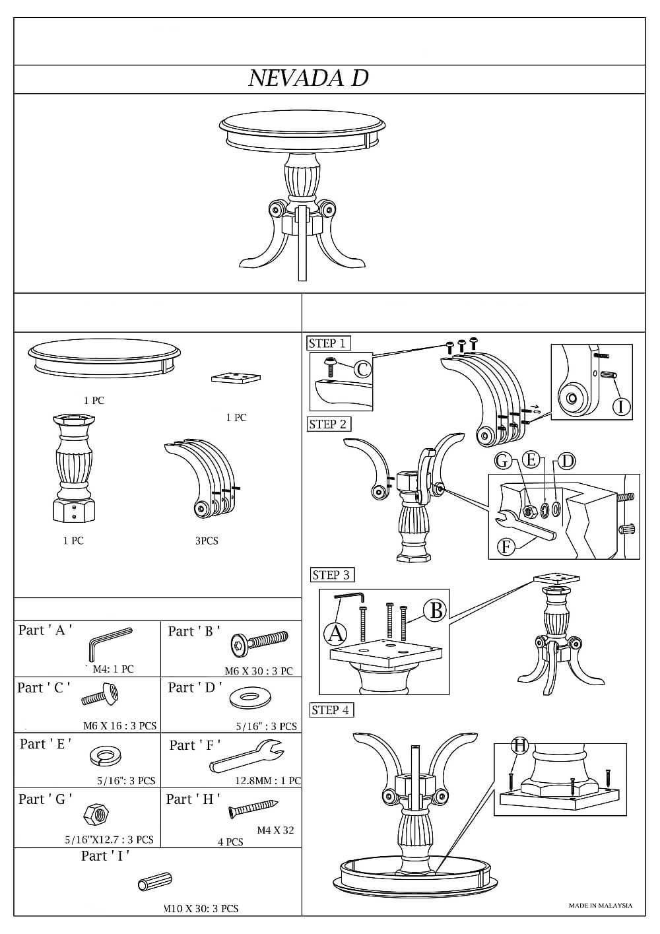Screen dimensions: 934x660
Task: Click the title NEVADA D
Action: (308, 79)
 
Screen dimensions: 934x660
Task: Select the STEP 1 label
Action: (327, 343)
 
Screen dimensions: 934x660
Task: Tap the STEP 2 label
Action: (328, 424)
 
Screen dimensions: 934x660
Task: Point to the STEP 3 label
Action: (331, 575)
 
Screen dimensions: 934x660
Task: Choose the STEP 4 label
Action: (331, 710)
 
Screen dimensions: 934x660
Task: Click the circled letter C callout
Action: (362, 369)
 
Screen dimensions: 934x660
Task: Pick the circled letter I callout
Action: (620, 407)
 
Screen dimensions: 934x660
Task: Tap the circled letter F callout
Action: (506, 547)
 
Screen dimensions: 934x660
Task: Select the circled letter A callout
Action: (335, 634)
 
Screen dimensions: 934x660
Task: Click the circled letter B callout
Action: (436, 610)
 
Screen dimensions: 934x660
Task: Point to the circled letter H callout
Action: (520, 746)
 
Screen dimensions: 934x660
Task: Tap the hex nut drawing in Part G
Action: (92, 815)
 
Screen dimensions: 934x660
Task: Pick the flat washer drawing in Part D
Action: (246, 698)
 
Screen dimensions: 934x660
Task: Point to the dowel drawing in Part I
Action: (155, 882)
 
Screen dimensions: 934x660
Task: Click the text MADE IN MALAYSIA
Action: (601, 906)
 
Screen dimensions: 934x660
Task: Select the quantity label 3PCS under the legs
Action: (207, 541)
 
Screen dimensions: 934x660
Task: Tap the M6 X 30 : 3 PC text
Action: (259, 671)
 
